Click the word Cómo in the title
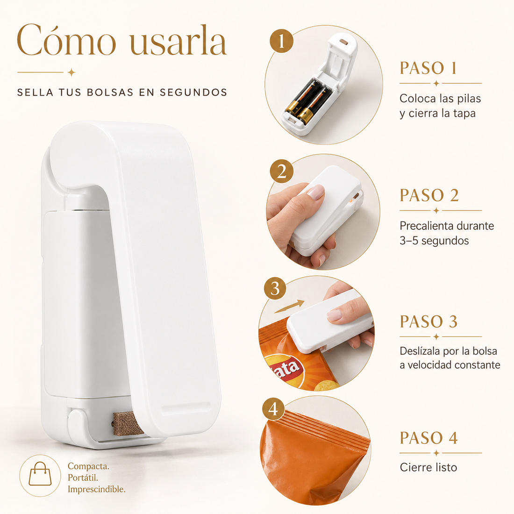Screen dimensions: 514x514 pyautogui.click(x=66, y=40)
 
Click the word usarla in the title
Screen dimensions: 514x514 pyautogui.click(x=178, y=42)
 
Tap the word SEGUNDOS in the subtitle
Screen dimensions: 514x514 pyautogui.click(x=193, y=93)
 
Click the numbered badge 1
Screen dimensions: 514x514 pyautogui.click(x=281, y=41)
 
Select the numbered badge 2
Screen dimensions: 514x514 pyautogui.click(x=282, y=171)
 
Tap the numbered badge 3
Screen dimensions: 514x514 pyautogui.click(x=275, y=288)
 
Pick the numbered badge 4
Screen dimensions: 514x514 pyautogui.click(x=273, y=409)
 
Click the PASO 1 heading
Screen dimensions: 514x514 pyautogui.click(x=428, y=68)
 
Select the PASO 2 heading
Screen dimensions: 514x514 pyautogui.click(x=429, y=195)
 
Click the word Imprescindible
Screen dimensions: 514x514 pyautogui.click(x=97, y=489)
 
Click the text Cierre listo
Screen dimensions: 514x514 pyautogui.click(x=428, y=467)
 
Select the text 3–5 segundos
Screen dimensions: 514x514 pyautogui.click(x=435, y=241)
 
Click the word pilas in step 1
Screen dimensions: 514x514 pyautogui.click(x=469, y=98)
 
